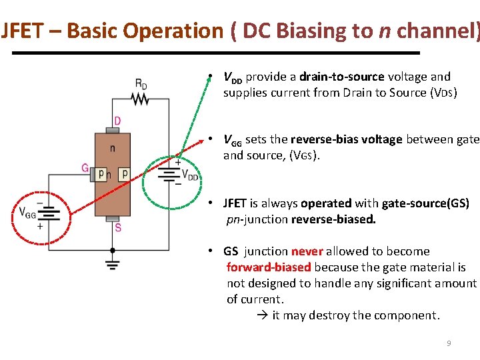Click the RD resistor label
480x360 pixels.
(141, 84)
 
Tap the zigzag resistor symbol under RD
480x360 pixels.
(141, 99)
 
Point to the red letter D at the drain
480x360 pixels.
(117, 121)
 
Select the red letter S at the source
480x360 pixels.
(118, 227)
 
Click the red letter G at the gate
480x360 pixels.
(85, 168)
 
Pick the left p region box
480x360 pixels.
(101, 174)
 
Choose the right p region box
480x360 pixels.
(123, 174)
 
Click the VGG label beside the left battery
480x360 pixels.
(27, 213)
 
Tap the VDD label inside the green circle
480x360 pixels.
(190, 177)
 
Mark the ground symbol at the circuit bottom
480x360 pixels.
(113, 264)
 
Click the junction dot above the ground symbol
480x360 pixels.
(113, 250)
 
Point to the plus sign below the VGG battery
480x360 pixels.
(40, 227)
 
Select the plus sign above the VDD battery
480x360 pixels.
(178, 161)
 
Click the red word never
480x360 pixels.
(307, 251)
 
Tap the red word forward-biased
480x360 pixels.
(269, 267)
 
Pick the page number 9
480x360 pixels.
(449, 343)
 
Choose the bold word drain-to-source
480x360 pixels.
(342, 77)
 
